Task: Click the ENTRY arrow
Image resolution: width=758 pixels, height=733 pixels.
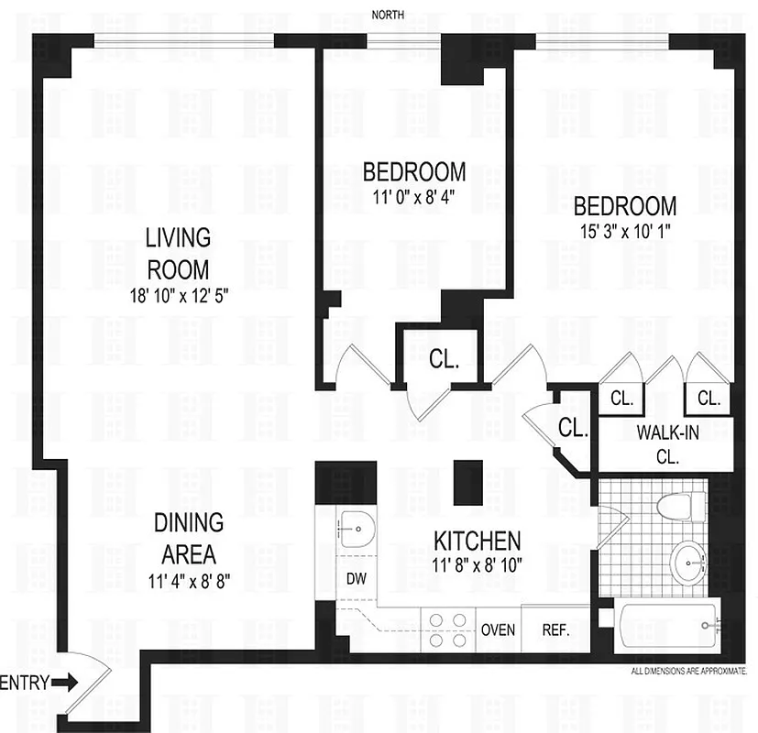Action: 64,683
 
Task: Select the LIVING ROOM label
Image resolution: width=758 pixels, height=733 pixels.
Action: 177,254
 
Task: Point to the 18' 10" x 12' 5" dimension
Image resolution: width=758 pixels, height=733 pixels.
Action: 177,296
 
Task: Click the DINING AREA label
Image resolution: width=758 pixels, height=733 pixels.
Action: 189,539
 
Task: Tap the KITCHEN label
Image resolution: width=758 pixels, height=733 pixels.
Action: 478,540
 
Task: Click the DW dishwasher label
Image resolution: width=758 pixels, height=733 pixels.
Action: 357,578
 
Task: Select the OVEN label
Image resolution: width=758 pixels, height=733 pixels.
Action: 499,630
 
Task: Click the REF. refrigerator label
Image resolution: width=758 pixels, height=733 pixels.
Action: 555,630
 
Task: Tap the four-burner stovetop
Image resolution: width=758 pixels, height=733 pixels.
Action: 446,629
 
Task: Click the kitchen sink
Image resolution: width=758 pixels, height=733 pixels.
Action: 355,529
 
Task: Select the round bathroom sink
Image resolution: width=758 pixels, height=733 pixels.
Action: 687,560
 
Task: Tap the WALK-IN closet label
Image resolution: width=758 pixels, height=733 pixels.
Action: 666,443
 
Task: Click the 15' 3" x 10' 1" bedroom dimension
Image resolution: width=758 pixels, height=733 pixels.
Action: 628,231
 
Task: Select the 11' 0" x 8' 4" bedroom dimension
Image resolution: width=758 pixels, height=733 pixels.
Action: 414,195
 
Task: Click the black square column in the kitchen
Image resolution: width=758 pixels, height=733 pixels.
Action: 467,481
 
